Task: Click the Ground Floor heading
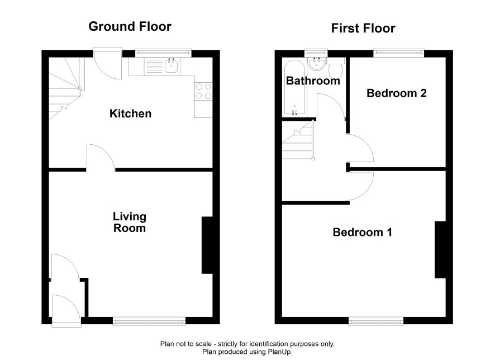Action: [x=130, y=26]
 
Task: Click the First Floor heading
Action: [x=363, y=29]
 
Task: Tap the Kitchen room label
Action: [x=130, y=113]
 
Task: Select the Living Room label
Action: [x=130, y=222]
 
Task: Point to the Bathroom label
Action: [x=313, y=81]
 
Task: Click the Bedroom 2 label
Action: [x=397, y=93]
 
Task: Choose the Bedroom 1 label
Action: [x=363, y=233]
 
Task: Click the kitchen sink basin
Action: [x=171, y=66]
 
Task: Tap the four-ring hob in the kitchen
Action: [x=203, y=91]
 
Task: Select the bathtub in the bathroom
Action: [x=294, y=87]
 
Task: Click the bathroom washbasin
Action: [x=317, y=64]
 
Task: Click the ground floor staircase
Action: [x=65, y=88]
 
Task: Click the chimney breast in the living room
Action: [x=207, y=245]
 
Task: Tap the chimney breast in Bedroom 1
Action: [x=440, y=250]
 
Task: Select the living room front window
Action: [x=149, y=321]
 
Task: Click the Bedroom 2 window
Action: [x=399, y=53]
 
